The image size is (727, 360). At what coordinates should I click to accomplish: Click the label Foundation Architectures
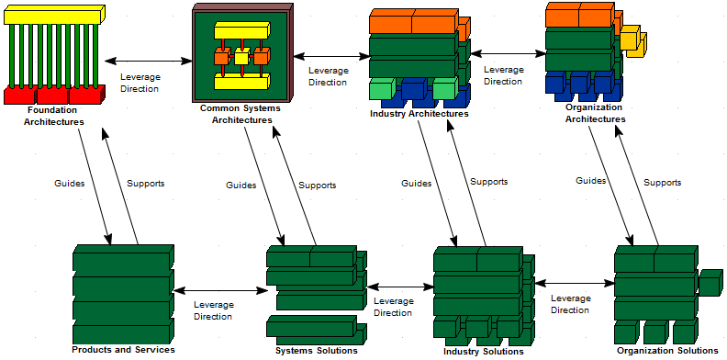pyautogui.click(x=54, y=117)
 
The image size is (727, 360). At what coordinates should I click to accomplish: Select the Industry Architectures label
pyautogui.click(x=419, y=115)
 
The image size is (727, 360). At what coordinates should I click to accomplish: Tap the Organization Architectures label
pyautogui.click(x=595, y=113)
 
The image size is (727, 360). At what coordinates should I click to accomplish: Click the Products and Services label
pyautogui.click(x=123, y=350)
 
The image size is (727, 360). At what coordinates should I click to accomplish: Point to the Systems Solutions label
pyautogui.click(x=316, y=350)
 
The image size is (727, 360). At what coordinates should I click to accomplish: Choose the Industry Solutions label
pyautogui.click(x=483, y=351)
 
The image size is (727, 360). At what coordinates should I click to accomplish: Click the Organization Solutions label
pyautogui.click(x=667, y=350)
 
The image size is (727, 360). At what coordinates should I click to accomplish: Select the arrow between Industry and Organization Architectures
pyautogui.click(x=508, y=53)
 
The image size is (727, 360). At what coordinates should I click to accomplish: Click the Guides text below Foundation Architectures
pyautogui.click(x=70, y=183)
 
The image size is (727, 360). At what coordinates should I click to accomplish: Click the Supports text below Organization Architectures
pyautogui.click(x=662, y=182)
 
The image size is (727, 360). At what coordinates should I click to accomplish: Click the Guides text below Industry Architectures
pyautogui.click(x=416, y=183)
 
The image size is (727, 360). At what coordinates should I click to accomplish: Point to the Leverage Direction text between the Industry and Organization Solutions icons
pyautogui.click(x=570, y=304)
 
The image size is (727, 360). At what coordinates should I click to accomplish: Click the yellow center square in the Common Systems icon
pyautogui.click(x=241, y=58)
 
